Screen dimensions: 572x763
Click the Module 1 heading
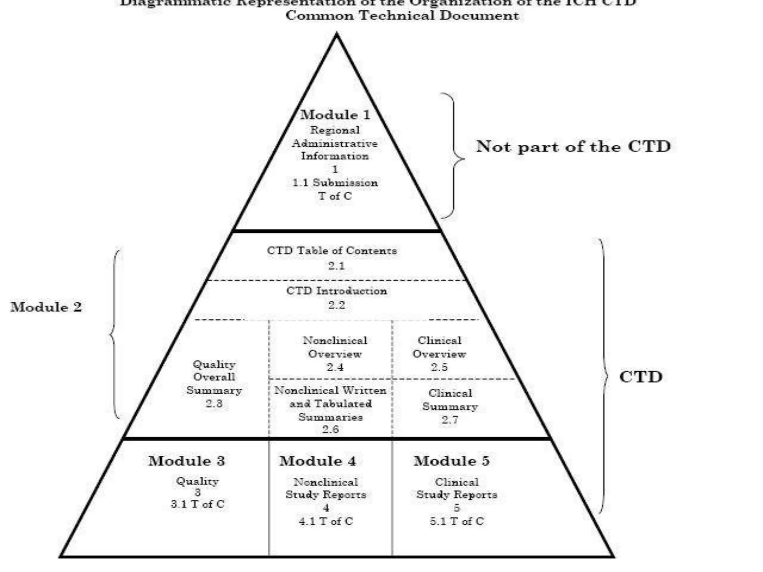pos(335,115)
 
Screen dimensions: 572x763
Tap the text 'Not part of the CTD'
pos(573,146)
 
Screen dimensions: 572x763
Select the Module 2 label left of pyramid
pos(46,307)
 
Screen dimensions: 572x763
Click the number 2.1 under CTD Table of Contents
pos(336,266)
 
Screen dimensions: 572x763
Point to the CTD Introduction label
pos(336,291)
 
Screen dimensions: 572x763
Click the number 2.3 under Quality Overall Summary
pos(214,403)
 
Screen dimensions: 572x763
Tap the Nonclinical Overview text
pos(335,347)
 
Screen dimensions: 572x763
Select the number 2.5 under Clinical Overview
pos(439,367)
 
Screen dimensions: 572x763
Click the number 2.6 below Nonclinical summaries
pos(330,429)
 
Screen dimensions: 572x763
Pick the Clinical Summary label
pos(450,400)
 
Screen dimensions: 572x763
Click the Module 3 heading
pos(187,461)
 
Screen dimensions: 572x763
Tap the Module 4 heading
pos(318,461)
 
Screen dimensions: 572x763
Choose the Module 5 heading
pos(452,461)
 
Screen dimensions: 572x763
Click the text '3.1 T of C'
pos(198,504)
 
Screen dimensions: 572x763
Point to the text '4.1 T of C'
pos(326,521)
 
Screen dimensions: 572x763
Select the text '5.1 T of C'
pos(457,521)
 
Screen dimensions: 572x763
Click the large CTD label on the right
pos(641,377)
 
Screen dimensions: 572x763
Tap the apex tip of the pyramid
pos(336,35)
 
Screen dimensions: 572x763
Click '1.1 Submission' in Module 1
pos(335,183)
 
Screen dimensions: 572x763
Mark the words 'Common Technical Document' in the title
pos(402,16)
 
